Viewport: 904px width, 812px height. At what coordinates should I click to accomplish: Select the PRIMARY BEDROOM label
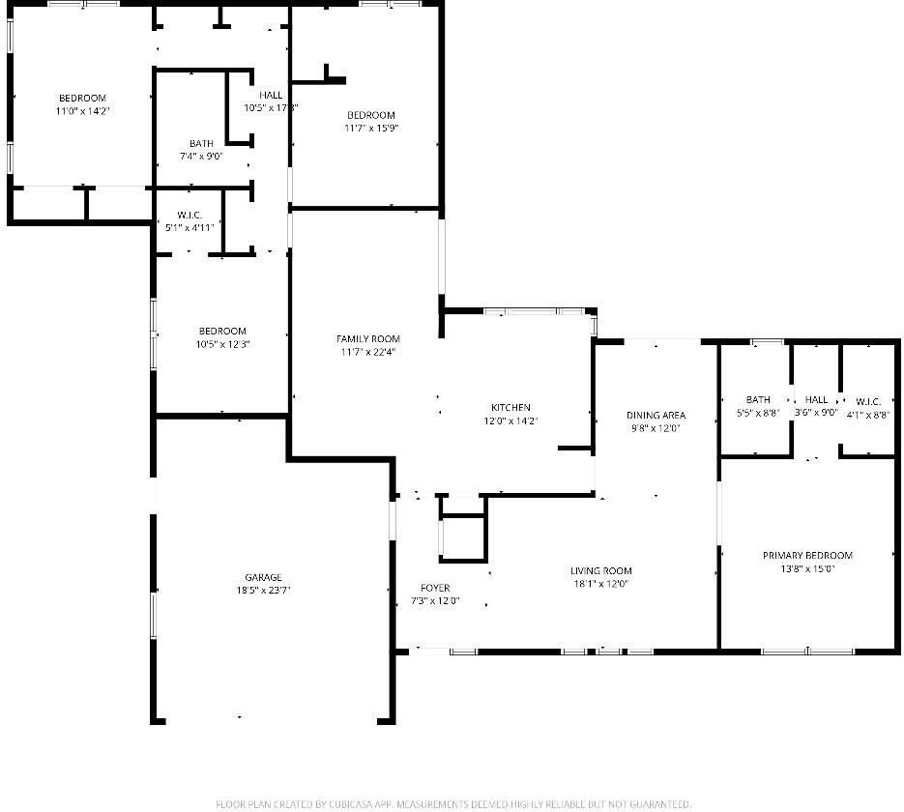pos(807,555)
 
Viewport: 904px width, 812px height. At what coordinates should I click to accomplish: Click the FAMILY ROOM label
pos(367,338)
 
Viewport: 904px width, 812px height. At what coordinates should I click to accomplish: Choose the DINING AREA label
pos(656,415)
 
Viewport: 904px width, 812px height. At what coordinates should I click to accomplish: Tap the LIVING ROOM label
pos(600,570)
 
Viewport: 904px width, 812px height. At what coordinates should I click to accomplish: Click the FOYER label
pos(434,588)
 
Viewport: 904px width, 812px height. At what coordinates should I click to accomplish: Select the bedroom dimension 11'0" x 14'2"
pos(82,111)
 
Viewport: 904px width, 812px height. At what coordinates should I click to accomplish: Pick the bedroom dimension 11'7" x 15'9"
pos(371,128)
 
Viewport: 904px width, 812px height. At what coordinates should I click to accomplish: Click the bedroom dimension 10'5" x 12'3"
pos(222,344)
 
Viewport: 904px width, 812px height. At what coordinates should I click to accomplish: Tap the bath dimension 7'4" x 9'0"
pos(201,156)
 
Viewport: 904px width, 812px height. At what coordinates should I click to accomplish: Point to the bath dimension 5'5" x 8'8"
pos(758,413)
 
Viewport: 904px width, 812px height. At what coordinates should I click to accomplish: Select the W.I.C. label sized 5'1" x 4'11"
pos(189,215)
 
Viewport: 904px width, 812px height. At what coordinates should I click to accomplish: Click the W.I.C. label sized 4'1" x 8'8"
pos(865,400)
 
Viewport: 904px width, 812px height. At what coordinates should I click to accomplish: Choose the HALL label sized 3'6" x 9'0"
pos(817,400)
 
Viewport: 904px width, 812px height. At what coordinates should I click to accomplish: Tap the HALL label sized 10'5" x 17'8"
pos(271,95)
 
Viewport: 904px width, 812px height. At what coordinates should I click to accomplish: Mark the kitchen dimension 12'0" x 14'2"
pos(510,420)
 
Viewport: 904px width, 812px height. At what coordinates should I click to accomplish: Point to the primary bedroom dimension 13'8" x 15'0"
pos(807,568)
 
